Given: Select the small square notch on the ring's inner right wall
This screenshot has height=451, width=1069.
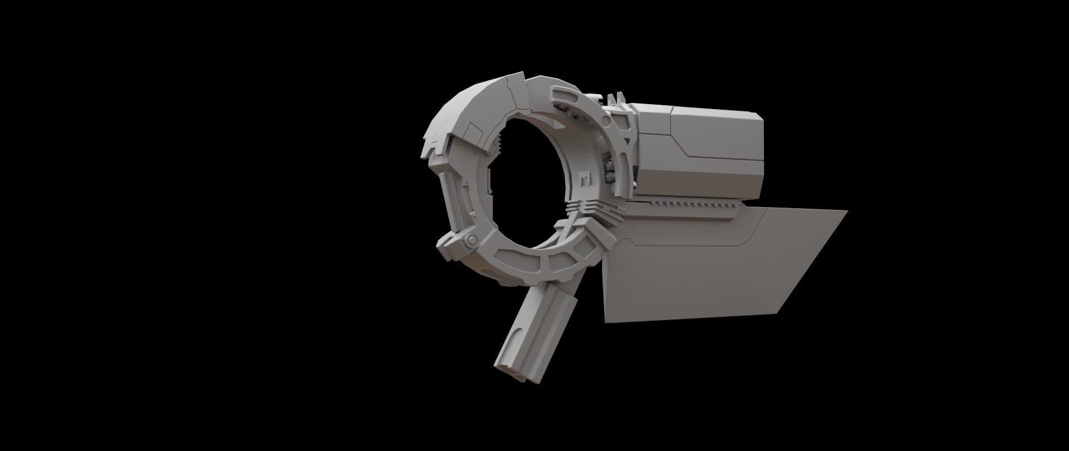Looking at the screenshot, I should pyautogui.click(x=582, y=180).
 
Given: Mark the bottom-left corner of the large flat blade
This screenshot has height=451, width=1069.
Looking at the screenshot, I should pyautogui.click(x=605, y=321).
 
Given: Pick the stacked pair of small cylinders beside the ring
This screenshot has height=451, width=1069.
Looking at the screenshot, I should pyautogui.click(x=609, y=170).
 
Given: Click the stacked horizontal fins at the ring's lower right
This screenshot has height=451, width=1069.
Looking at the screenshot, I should pyautogui.click(x=579, y=209).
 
